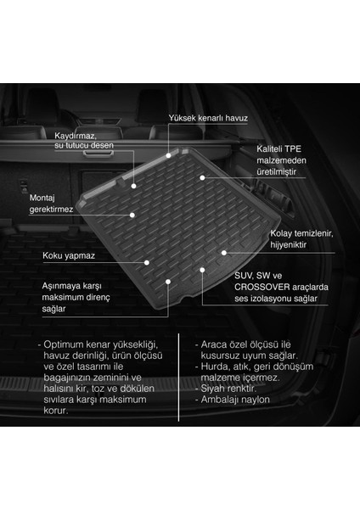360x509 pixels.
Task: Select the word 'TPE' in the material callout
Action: tap(294, 148)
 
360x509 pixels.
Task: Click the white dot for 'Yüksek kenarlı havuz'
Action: tap(169, 155)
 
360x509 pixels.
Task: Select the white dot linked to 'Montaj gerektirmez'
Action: tap(132, 215)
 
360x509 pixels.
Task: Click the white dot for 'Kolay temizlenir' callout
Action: tap(224, 251)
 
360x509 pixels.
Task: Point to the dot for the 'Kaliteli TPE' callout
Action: tap(202, 177)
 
